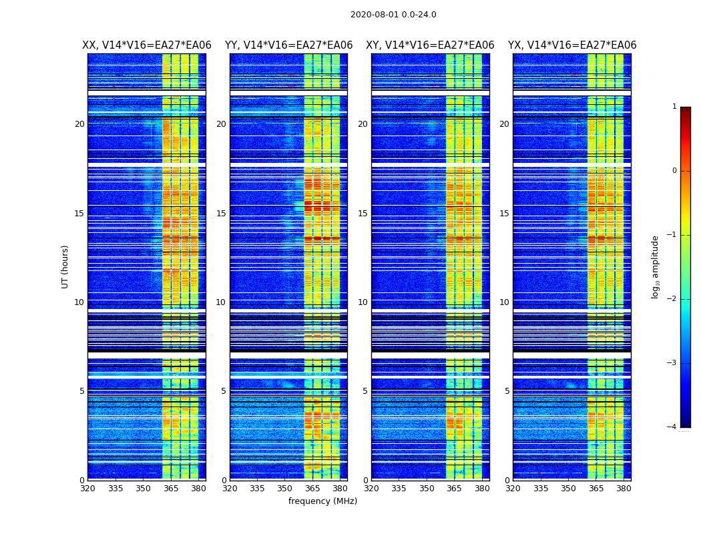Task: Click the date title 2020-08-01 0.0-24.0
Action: (393, 15)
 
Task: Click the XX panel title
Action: (146, 45)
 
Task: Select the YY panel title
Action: (288, 45)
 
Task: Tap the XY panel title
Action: (430, 45)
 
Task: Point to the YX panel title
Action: (572, 45)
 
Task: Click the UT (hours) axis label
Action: (65, 266)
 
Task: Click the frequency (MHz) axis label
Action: (322, 501)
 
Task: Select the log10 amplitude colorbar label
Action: (656, 266)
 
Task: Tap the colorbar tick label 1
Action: (674, 107)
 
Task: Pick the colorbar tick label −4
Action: (672, 427)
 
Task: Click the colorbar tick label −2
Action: (672, 299)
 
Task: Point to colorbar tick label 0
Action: (674, 171)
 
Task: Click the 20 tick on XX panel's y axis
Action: (79, 124)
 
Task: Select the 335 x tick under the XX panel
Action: (115, 489)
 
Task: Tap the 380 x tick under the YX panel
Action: (624, 489)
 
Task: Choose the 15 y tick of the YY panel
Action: (221, 214)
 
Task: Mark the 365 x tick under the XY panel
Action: (454, 489)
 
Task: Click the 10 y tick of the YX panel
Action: (505, 302)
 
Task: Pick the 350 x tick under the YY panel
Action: (285, 489)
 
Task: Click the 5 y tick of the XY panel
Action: (365, 391)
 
